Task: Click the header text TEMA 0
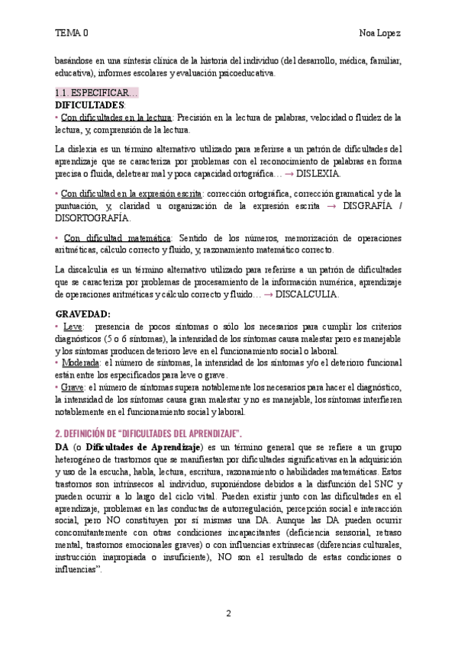pyautogui.click(x=71, y=33)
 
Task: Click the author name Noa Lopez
pyautogui.click(x=380, y=33)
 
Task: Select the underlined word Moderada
pyautogui.click(x=79, y=363)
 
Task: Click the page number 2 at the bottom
pyautogui.click(x=228, y=613)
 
